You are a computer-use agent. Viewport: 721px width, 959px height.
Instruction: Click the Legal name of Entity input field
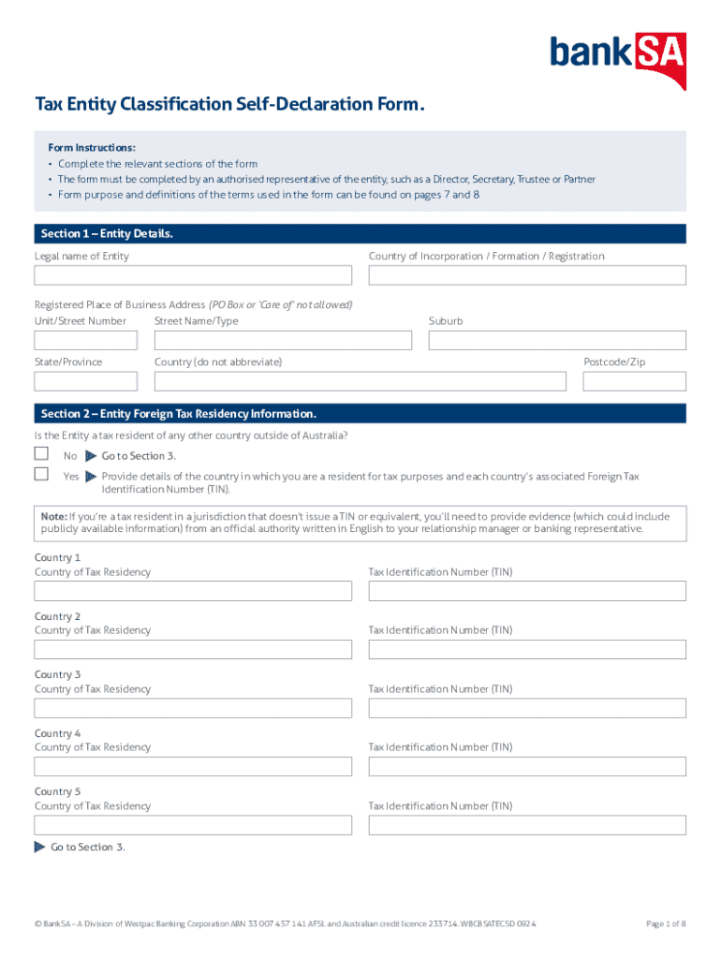click(193, 275)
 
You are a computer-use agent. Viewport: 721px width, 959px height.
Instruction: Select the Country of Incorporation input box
click(527, 275)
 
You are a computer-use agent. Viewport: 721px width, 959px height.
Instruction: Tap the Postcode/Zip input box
click(634, 381)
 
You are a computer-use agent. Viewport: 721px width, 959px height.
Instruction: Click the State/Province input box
click(85, 381)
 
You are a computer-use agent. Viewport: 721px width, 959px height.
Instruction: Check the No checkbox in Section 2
click(41, 454)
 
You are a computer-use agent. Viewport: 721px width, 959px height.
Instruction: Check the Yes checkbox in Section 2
click(41, 475)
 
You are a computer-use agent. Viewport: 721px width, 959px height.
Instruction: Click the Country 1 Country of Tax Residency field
click(193, 591)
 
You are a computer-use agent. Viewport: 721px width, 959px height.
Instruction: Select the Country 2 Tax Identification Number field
click(527, 649)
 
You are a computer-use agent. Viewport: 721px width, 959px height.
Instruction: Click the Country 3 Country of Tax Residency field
click(193, 708)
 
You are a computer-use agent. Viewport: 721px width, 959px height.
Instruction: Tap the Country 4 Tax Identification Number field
click(527, 766)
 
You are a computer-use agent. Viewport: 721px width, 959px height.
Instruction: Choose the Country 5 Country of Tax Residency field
click(193, 825)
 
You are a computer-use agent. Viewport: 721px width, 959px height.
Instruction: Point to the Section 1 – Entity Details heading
click(107, 234)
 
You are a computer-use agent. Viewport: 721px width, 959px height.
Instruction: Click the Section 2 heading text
click(179, 414)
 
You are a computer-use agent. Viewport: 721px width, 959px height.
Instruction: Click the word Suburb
click(446, 321)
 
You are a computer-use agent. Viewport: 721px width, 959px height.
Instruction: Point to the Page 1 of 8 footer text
click(666, 924)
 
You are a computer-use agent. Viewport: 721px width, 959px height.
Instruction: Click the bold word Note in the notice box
click(53, 516)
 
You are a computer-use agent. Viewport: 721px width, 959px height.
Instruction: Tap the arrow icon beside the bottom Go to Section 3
click(39, 848)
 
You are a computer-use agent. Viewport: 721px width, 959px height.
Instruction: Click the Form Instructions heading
click(92, 148)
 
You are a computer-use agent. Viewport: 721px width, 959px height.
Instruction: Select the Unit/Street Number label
click(81, 321)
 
